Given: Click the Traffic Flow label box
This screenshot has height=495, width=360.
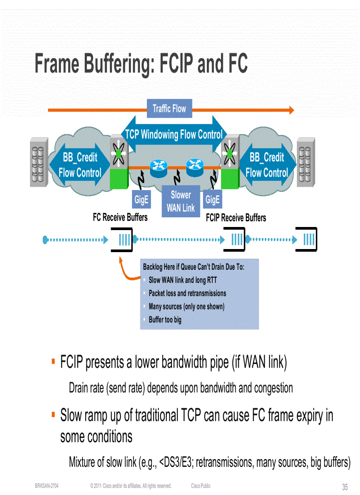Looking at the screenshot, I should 169,109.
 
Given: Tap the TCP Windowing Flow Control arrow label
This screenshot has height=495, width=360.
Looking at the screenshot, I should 174,134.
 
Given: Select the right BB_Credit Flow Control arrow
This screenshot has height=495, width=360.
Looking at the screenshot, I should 266,165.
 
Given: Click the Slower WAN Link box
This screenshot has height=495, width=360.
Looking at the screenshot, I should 180,201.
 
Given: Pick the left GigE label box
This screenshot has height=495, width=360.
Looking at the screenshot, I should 142,200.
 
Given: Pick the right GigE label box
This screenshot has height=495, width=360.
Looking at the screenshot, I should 212,200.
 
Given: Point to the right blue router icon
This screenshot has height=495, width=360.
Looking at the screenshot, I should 194,166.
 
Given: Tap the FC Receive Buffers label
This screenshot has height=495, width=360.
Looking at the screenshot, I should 120,218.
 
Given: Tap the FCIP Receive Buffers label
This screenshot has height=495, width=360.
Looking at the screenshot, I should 236,218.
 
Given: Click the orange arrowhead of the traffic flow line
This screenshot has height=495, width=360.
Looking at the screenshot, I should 291,110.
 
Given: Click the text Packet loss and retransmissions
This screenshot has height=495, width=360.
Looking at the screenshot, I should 187,293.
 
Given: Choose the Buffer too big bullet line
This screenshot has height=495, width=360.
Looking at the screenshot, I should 165,320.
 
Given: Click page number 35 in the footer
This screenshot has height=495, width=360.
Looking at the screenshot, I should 345,487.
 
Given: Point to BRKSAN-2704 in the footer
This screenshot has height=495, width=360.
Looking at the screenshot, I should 47,486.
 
